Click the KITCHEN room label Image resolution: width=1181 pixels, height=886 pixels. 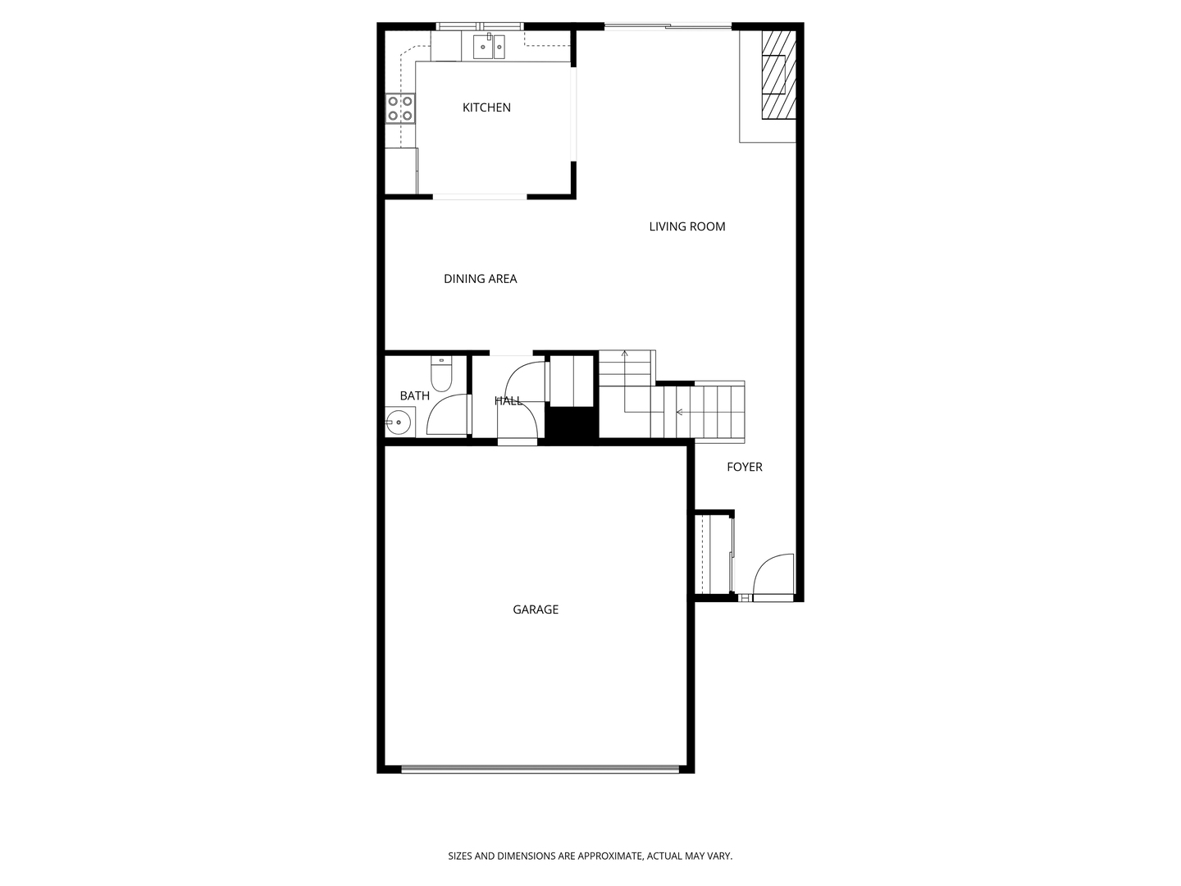coord(486,107)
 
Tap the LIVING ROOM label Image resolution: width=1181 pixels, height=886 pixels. coord(687,226)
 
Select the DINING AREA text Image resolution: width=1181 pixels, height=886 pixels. coord(480,279)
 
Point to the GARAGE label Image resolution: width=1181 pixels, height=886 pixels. coord(536,610)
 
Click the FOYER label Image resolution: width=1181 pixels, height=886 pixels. coord(745,467)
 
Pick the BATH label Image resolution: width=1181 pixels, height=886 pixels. coord(414,395)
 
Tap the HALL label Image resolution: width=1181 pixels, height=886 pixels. coord(508,401)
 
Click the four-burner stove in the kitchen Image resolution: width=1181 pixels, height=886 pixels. coord(400,108)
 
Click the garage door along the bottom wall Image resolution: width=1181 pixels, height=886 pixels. coord(540,770)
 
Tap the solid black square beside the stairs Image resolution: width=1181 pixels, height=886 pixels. coord(572,426)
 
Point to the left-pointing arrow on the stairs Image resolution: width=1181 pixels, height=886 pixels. coord(679,412)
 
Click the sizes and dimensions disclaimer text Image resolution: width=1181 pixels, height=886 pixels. coord(590,856)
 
